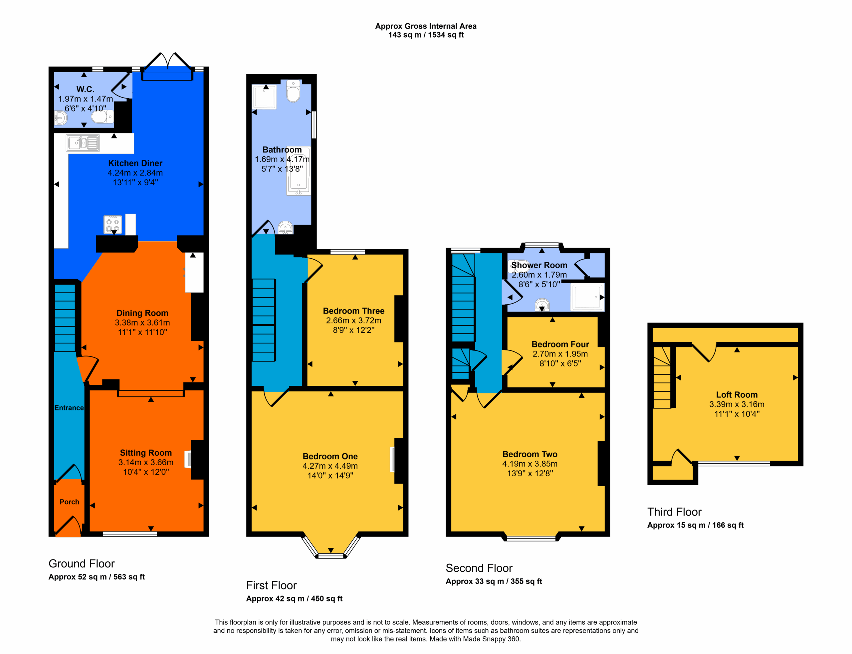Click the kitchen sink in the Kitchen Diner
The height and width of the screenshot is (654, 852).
(x=83, y=143)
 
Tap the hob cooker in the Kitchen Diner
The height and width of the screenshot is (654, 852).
(x=112, y=224)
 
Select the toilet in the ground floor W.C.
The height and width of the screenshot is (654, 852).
(x=103, y=117)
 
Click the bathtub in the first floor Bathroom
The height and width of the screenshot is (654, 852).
(x=299, y=171)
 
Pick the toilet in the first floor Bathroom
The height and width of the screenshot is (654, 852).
(x=293, y=91)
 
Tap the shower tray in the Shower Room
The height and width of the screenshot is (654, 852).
(x=587, y=297)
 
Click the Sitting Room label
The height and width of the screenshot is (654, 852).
(x=146, y=453)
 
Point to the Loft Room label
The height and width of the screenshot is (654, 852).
(x=737, y=395)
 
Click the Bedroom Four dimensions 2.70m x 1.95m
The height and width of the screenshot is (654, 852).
(x=560, y=354)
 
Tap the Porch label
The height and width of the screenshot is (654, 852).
(x=69, y=502)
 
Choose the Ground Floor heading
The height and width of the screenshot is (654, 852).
(x=82, y=564)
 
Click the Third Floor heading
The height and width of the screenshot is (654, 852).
(x=674, y=512)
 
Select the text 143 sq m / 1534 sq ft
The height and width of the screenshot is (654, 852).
(x=426, y=35)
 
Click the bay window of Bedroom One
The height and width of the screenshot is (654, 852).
(x=330, y=547)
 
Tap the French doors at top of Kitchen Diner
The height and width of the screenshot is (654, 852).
(x=167, y=67)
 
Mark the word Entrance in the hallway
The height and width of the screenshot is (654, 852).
(x=69, y=408)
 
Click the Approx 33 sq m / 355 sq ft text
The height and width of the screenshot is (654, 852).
(x=494, y=581)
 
